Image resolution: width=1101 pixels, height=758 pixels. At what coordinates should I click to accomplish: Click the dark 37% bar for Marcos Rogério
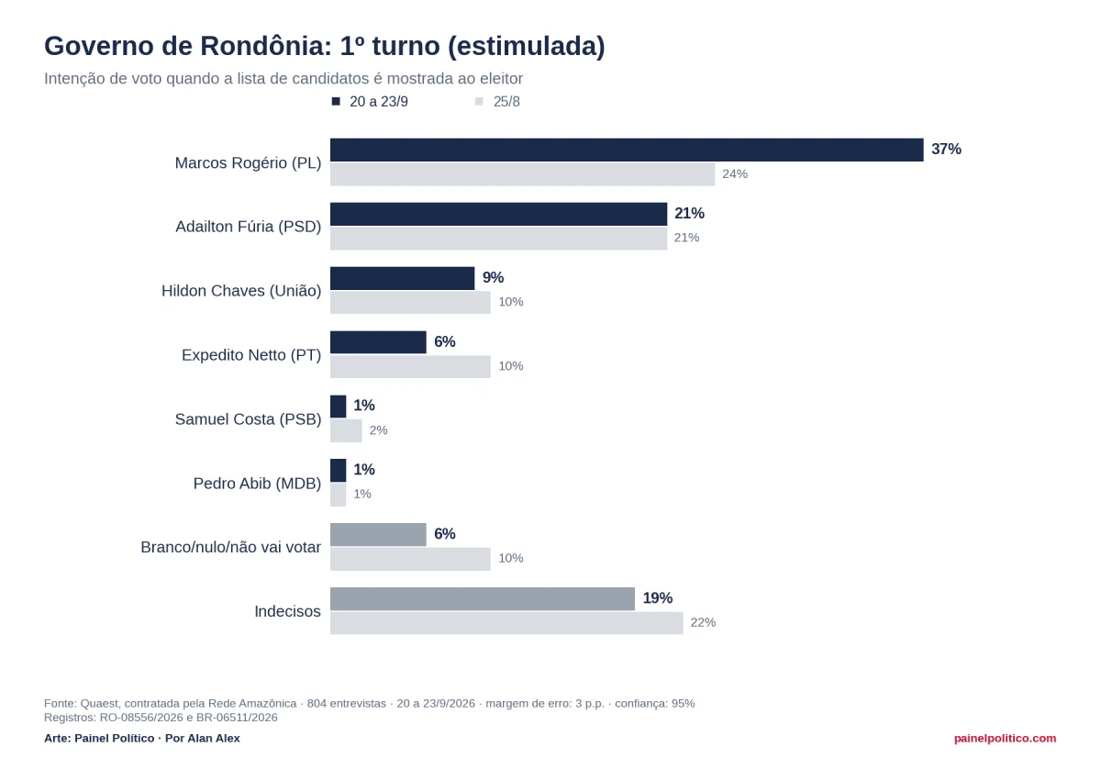click(x=627, y=150)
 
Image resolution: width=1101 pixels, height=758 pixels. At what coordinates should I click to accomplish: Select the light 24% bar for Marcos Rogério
click(x=522, y=174)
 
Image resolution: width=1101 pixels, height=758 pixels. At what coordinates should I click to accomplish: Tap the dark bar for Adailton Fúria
click(x=498, y=214)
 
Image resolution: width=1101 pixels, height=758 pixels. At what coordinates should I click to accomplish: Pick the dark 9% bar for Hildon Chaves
click(x=402, y=278)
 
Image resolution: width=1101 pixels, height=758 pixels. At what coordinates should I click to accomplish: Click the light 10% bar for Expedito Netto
click(x=410, y=367)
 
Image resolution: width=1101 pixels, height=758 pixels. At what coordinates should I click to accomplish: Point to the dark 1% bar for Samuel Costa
click(x=339, y=406)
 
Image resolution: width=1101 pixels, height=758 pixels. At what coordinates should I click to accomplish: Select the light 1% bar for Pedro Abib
click(x=339, y=495)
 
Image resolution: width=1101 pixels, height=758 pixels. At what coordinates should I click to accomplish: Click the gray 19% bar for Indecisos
click(x=483, y=598)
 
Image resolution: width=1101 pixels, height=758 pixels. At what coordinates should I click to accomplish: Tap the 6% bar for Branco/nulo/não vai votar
click(x=378, y=534)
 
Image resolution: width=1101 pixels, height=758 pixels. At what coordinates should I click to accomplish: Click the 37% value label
click(x=946, y=149)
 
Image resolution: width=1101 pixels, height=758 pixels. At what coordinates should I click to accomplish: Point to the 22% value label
click(x=703, y=622)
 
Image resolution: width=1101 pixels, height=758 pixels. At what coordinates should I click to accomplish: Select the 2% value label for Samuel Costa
click(x=378, y=430)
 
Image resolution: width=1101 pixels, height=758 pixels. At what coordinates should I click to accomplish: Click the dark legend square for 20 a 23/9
click(x=336, y=101)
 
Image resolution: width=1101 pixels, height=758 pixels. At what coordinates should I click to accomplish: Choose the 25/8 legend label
click(x=506, y=102)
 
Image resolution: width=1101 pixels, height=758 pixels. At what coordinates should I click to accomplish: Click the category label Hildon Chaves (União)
click(x=241, y=291)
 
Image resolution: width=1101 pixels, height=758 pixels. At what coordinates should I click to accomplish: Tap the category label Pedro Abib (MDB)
click(x=257, y=484)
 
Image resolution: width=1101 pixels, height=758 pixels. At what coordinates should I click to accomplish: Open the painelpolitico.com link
click(x=1005, y=739)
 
